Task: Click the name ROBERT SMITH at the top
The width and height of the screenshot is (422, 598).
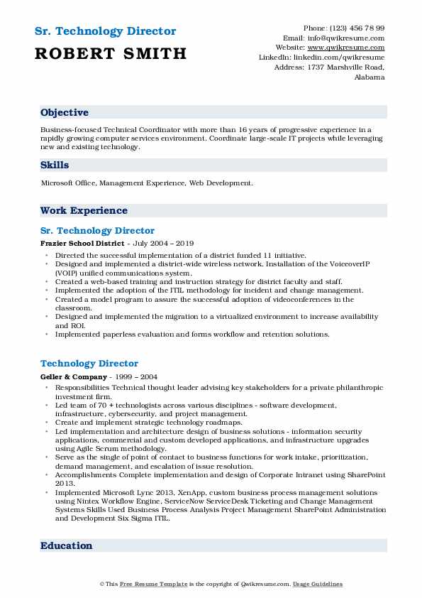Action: [x=111, y=53]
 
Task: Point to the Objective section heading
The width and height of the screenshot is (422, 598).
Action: [x=65, y=113]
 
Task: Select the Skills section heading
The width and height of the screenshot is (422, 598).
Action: [x=55, y=165]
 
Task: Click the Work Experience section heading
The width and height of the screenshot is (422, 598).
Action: [x=84, y=211]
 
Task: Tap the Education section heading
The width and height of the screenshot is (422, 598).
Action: [x=66, y=546]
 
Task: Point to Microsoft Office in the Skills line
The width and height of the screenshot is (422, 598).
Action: [x=68, y=183]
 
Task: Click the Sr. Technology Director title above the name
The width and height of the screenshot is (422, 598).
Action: [x=105, y=31]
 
